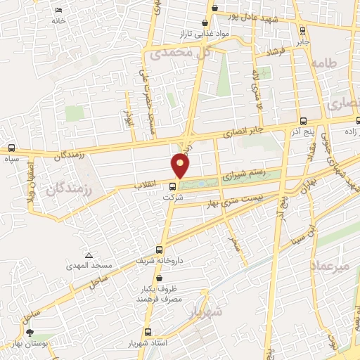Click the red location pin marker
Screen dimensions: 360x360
tap(181, 166)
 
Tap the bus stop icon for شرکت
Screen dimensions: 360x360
tap(172, 186)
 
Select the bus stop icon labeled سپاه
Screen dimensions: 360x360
tap(11, 148)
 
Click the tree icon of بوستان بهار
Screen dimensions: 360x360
tap(30, 333)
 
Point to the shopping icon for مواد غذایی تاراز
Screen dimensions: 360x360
tap(205, 22)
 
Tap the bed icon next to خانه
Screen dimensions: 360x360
tap(58, 11)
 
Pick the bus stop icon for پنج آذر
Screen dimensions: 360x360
tap(302, 121)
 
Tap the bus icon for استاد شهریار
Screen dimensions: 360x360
tap(148, 333)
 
